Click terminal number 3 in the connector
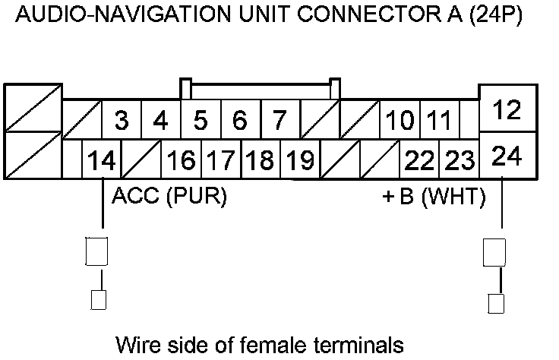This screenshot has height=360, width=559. pos(121,120)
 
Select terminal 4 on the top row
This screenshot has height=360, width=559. pos(160,120)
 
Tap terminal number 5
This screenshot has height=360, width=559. pos(201,120)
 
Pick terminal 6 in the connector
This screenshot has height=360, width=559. pos(240,120)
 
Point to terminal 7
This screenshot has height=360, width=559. pos(279,120)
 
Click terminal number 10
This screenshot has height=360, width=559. pos(400,120)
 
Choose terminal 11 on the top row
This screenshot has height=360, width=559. pos(439,120)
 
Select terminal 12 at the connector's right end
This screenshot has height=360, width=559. pos(507,111)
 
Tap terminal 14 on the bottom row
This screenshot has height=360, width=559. pos(102,160)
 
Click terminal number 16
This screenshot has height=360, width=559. pos(181,160)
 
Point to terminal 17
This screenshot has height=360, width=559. pos(220,160)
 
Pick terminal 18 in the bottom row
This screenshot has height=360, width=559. pos(260,160)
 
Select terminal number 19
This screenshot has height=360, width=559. pos(300,160)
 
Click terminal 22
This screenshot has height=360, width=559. pos(419,160)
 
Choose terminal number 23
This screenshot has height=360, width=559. pos(459,160)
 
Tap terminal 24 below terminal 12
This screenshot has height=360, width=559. pos(507,156)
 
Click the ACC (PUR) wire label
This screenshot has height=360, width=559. pos(169,197)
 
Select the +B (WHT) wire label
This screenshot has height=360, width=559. pos(434,197)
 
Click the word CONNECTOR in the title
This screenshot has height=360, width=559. pos(349,16)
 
